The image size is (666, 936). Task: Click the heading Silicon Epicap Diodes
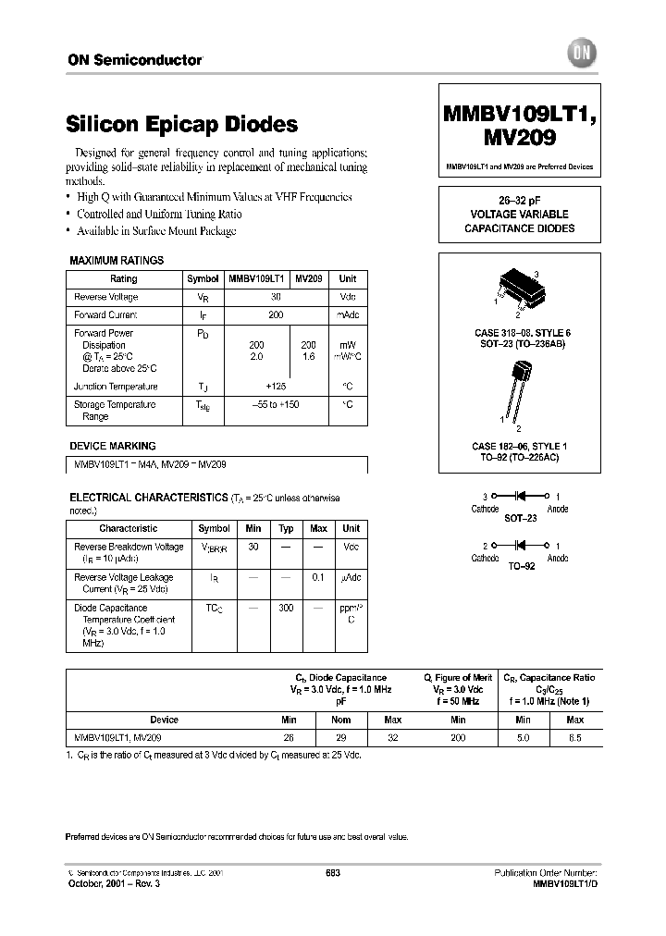(x=182, y=124)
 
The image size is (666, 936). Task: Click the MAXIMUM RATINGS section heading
(x=117, y=261)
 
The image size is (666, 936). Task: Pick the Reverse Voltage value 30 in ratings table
(x=276, y=297)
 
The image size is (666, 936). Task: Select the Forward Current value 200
(x=276, y=314)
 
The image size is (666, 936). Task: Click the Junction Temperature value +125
(x=276, y=387)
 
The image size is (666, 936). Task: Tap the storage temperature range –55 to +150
(x=276, y=405)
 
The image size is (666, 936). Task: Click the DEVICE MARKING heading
(x=113, y=446)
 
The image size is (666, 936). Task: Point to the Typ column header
(x=287, y=529)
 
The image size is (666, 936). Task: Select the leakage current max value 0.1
(x=318, y=578)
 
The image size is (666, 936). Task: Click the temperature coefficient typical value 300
(x=287, y=609)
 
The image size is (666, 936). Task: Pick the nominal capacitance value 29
(x=342, y=738)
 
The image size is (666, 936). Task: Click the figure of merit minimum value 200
(x=457, y=738)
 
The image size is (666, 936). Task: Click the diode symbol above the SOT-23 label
(x=519, y=498)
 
